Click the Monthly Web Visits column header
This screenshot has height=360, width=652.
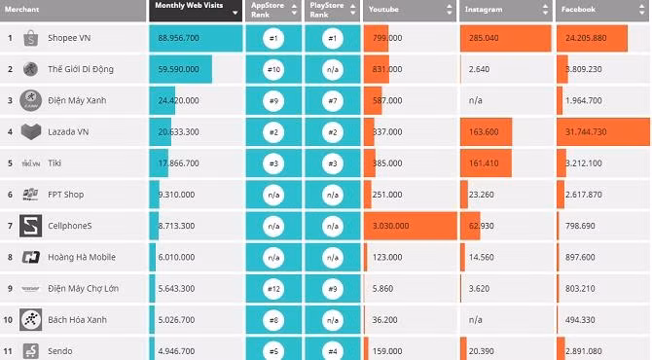click(x=195, y=10)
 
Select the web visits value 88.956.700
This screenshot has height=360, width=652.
click(x=178, y=39)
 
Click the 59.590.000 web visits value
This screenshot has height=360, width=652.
click(x=178, y=69)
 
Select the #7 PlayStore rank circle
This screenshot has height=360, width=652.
click(x=332, y=100)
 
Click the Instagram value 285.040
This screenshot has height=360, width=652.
click(x=484, y=39)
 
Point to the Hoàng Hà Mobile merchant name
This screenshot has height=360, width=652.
click(x=82, y=258)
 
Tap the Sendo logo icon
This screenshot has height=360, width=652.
click(x=31, y=350)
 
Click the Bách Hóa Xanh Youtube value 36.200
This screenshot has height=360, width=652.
click(x=387, y=320)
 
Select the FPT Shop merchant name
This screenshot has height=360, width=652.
click(x=66, y=195)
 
